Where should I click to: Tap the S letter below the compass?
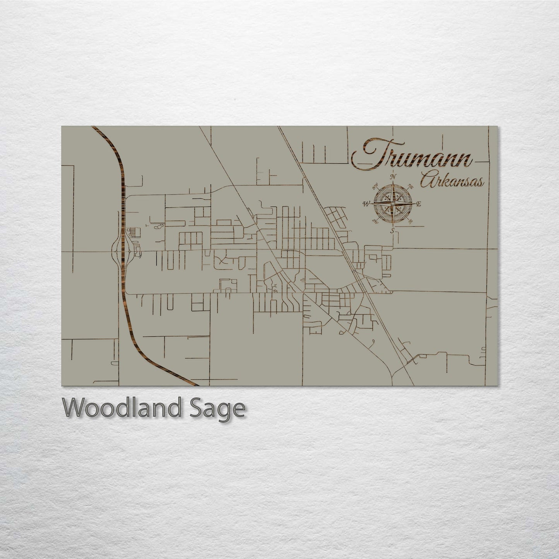coord(392,231)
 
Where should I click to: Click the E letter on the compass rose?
coord(419,203)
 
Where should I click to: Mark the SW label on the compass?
coord(374,221)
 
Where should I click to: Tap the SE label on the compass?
coord(411,221)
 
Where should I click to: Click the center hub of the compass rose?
coord(393,203)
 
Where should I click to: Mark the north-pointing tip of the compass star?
coord(393,183)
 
